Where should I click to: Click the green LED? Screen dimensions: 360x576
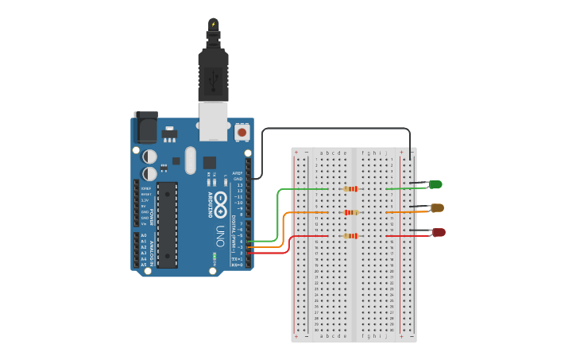click(435, 184)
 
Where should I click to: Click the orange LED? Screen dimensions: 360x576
click(437, 207)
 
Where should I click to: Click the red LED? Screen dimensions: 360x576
click(438, 232)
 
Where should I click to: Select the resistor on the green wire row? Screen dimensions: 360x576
click(350, 189)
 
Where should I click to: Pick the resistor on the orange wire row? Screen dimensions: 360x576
click(350, 212)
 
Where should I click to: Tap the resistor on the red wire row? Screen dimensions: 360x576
click(350, 236)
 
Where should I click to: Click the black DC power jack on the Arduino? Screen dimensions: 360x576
click(145, 127)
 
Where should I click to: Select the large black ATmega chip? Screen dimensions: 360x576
click(167, 224)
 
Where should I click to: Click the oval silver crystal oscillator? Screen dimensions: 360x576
click(190, 160)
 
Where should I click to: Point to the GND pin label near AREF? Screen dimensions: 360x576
click(238, 179)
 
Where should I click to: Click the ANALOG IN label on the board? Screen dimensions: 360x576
click(151, 250)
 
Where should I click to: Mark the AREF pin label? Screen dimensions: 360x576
click(237, 172)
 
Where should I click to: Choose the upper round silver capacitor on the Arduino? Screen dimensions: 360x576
click(149, 157)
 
